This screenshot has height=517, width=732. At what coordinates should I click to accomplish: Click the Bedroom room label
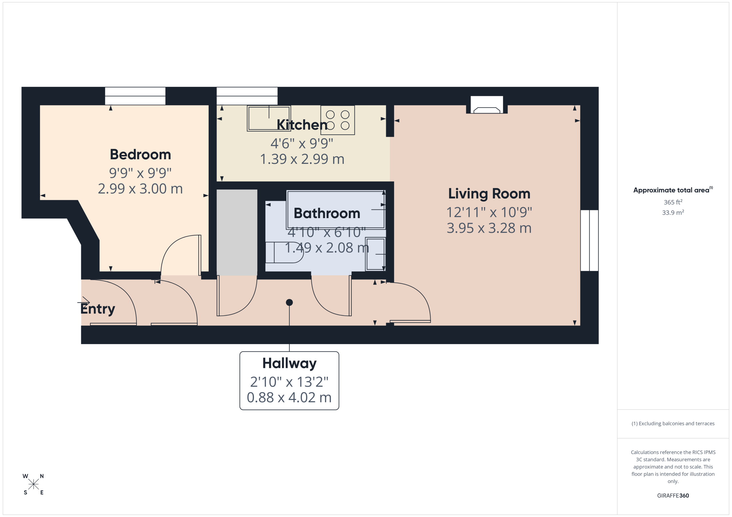coord(140,155)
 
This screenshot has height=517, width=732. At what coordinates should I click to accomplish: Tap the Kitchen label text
coord(302,125)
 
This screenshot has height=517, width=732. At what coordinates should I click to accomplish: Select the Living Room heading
coord(489,194)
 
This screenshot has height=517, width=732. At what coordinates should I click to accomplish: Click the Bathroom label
coord(327,213)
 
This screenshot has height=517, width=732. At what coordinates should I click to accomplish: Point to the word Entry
coord(98,309)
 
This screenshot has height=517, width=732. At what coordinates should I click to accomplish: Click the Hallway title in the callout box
coord(289,363)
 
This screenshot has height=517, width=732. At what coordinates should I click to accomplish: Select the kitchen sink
coord(269,118)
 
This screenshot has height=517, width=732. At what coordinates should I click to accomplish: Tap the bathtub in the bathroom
coord(336,210)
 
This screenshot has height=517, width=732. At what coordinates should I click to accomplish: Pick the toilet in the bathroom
coord(284,252)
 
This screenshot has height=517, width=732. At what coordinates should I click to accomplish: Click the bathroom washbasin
coord(375,254)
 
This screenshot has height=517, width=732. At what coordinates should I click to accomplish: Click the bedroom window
coord(135,96)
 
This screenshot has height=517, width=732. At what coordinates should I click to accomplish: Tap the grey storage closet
coord(237,232)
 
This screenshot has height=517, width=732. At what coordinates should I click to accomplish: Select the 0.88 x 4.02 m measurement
coord(289,398)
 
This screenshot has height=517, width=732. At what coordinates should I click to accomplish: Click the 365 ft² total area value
coord(673,202)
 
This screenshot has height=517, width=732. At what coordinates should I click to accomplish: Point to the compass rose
coord(33,484)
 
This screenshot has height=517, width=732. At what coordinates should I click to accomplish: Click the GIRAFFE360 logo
coord(673,496)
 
